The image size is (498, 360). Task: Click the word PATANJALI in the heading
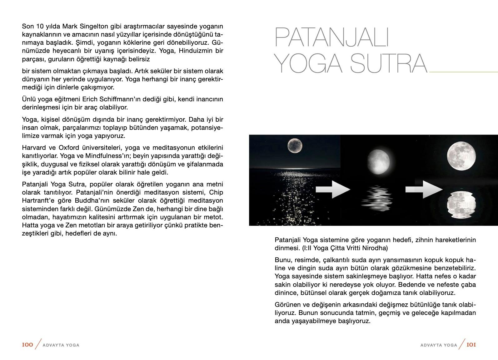[331, 37]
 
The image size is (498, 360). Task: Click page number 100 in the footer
[27, 345]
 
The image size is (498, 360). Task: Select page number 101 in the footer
[471, 345]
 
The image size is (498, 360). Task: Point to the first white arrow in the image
[333, 189]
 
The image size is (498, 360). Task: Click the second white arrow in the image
[424, 189]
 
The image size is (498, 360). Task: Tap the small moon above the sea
[295, 145]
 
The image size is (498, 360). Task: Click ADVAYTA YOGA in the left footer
[61, 345]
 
